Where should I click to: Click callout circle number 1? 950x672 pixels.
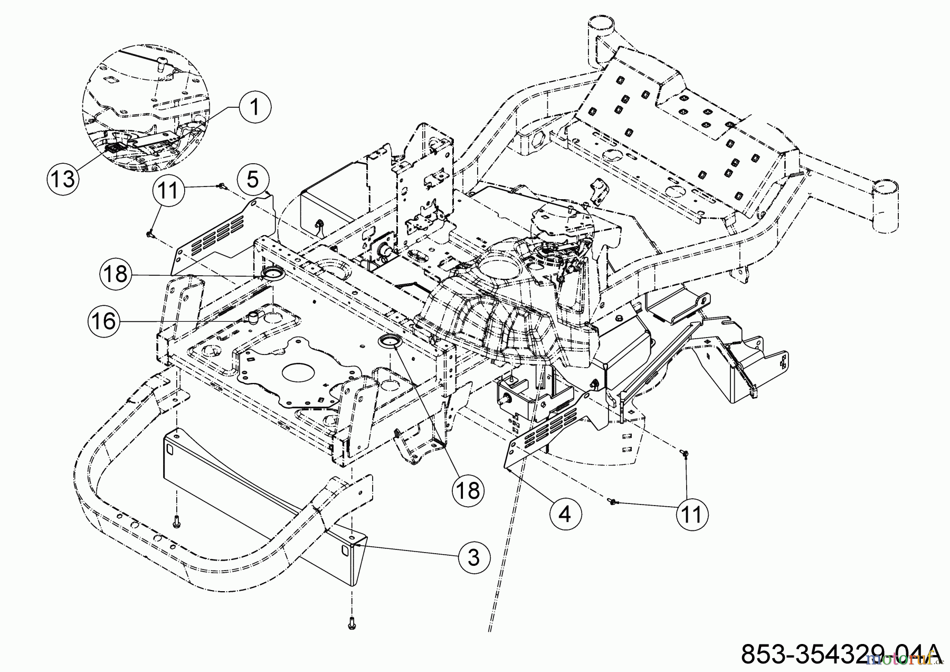click(254, 108)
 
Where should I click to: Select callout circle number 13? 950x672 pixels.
click(63, 178)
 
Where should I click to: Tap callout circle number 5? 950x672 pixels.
click(253, 179)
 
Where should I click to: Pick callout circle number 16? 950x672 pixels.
click(103, 321)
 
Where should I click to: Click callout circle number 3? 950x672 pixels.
click(473, 557)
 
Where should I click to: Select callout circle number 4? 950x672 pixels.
click(565, 512)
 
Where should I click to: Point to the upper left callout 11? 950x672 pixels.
click(168, 190)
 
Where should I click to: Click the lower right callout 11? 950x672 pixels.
click(691, 513)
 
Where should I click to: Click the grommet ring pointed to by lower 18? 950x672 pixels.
click(390, 340)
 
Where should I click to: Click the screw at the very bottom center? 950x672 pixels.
click(351, 624)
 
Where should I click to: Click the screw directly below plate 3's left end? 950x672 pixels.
click(177, 522)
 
